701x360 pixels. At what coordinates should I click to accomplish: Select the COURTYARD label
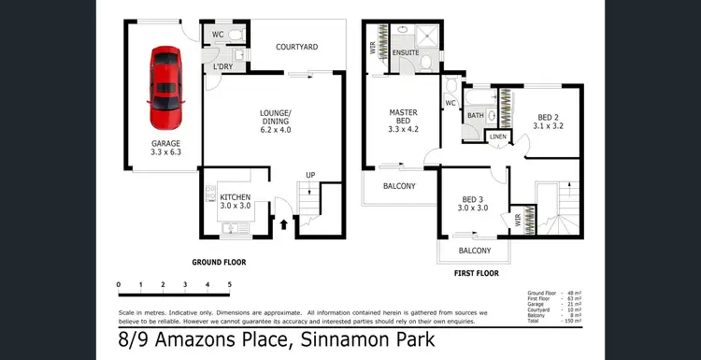297,47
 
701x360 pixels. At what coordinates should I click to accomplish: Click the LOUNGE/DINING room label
275,122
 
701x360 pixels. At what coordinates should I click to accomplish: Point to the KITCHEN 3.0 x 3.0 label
235,202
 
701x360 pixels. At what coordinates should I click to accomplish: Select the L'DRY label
222,67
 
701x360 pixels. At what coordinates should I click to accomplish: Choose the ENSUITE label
405,53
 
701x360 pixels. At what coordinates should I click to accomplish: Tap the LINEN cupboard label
498,138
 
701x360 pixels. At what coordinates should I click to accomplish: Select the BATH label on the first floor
475,116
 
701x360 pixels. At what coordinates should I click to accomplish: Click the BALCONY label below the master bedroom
399,186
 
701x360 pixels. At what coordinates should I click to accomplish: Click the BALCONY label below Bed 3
475,252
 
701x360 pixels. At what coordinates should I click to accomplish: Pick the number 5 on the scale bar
229,283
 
